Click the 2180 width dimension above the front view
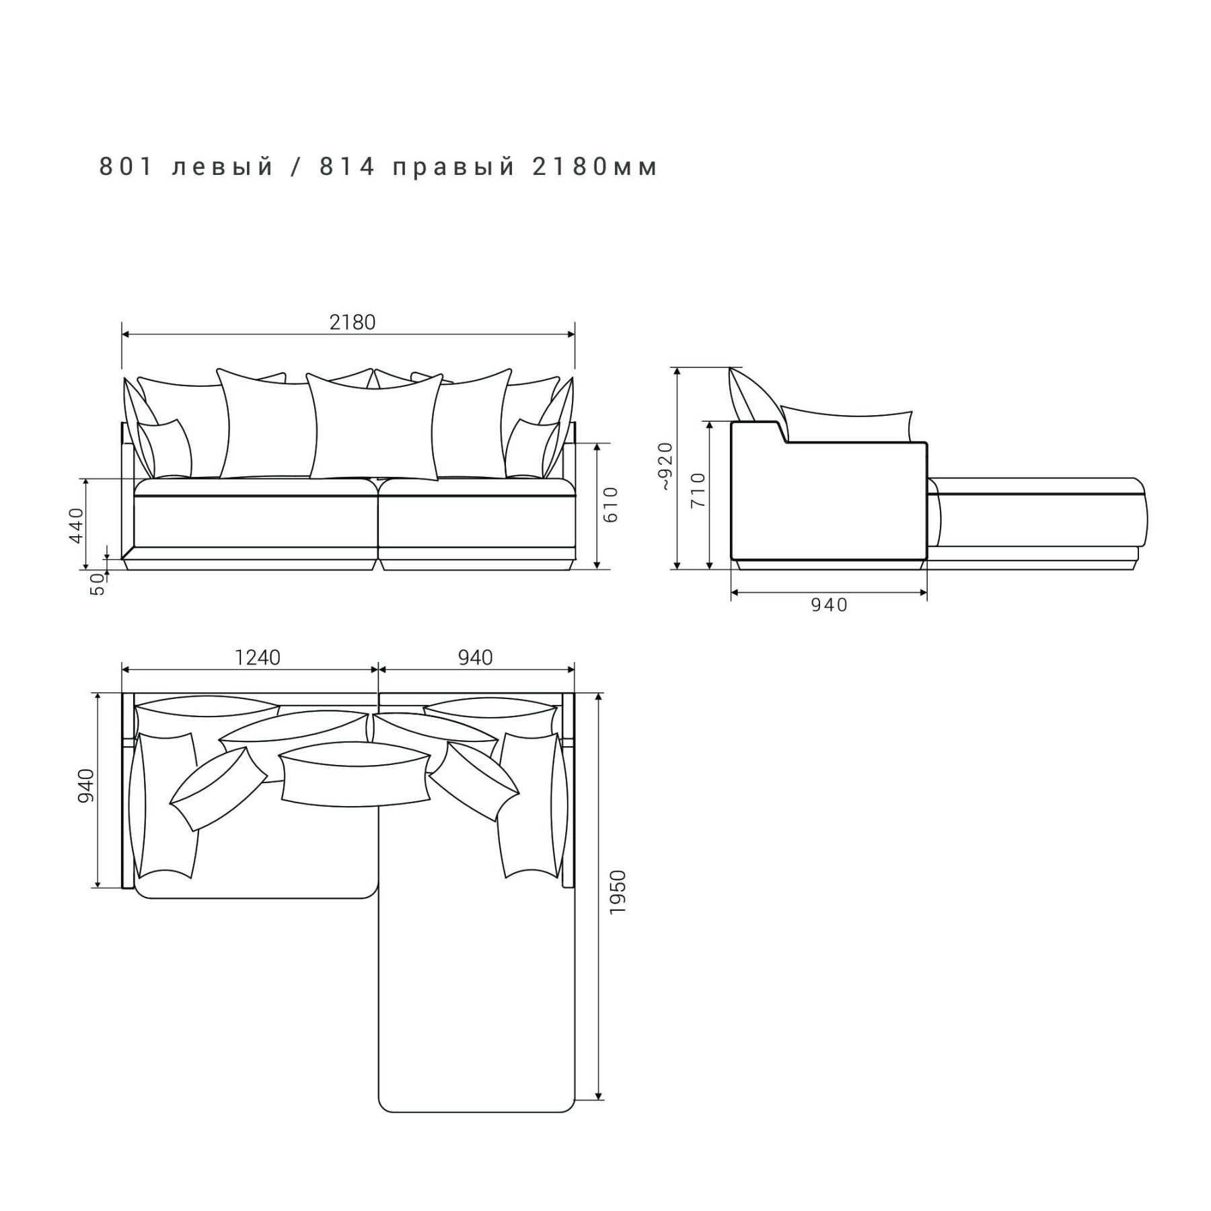[x=352, y=322]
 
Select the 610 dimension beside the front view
[x=610, y=504]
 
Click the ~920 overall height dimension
[x=665, y=466]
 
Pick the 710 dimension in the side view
[x=698, y=490]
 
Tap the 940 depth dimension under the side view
[x=829, y=605]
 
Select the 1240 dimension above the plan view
[x=257, y=657]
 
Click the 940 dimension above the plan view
[x=476, y=657]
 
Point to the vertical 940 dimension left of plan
[x=87, y=786]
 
